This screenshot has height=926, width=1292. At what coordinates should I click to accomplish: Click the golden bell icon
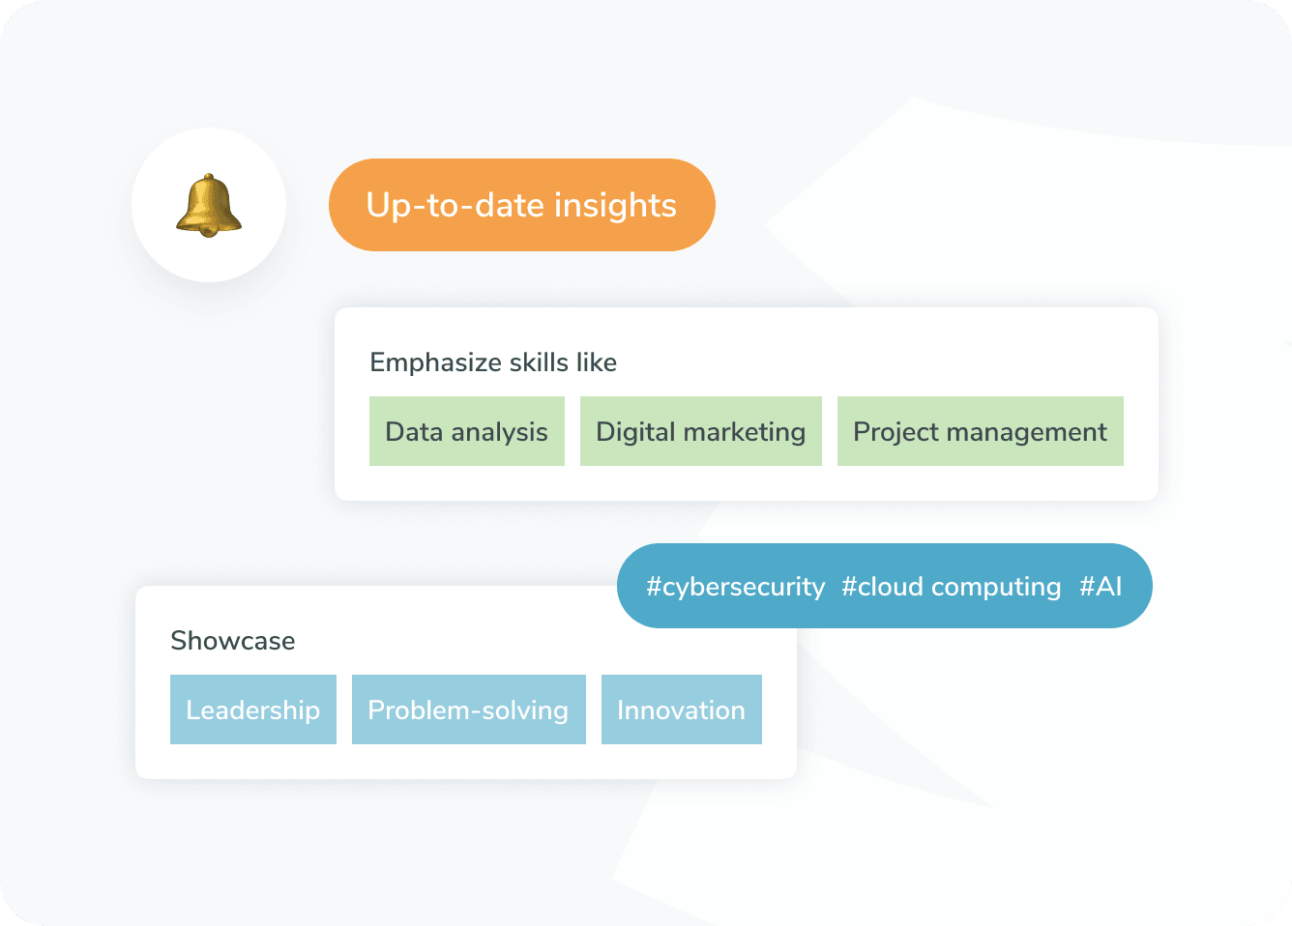tap(209, 204)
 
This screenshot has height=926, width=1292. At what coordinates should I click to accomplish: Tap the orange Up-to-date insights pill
tap(521, 205)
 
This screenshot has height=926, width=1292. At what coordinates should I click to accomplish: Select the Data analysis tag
tap(466, 431)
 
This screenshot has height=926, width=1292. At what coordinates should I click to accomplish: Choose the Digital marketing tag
tap(700, 431)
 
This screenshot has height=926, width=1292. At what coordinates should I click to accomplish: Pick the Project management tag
tap(980, 431)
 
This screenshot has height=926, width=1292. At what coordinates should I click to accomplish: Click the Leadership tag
tap(252, 709)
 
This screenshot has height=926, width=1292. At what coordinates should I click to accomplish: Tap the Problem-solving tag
tap(468, 709)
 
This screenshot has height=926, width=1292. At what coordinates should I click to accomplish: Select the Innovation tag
tap(681, 709)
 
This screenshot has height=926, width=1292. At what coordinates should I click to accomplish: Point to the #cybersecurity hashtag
tap(735, 587)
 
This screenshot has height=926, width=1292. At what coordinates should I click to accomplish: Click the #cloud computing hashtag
tap(951, 587)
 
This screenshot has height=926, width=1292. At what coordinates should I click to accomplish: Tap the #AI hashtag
tap(1101, 587)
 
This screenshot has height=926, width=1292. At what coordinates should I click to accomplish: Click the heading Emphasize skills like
tap(493, 362)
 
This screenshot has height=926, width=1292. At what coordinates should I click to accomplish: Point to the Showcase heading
tap(232, 641)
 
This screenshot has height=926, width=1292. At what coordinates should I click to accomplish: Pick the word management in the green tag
tap(1032, 431)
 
